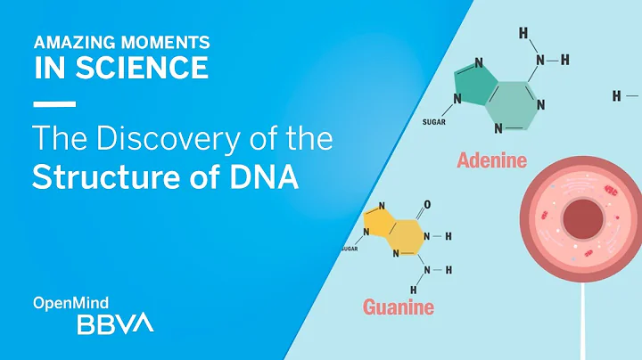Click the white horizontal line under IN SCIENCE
pos(53,104)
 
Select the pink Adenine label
pos(491,161)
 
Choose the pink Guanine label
pos(399,308)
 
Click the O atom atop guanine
pos(427,205)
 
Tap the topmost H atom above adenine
pos(523,33)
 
